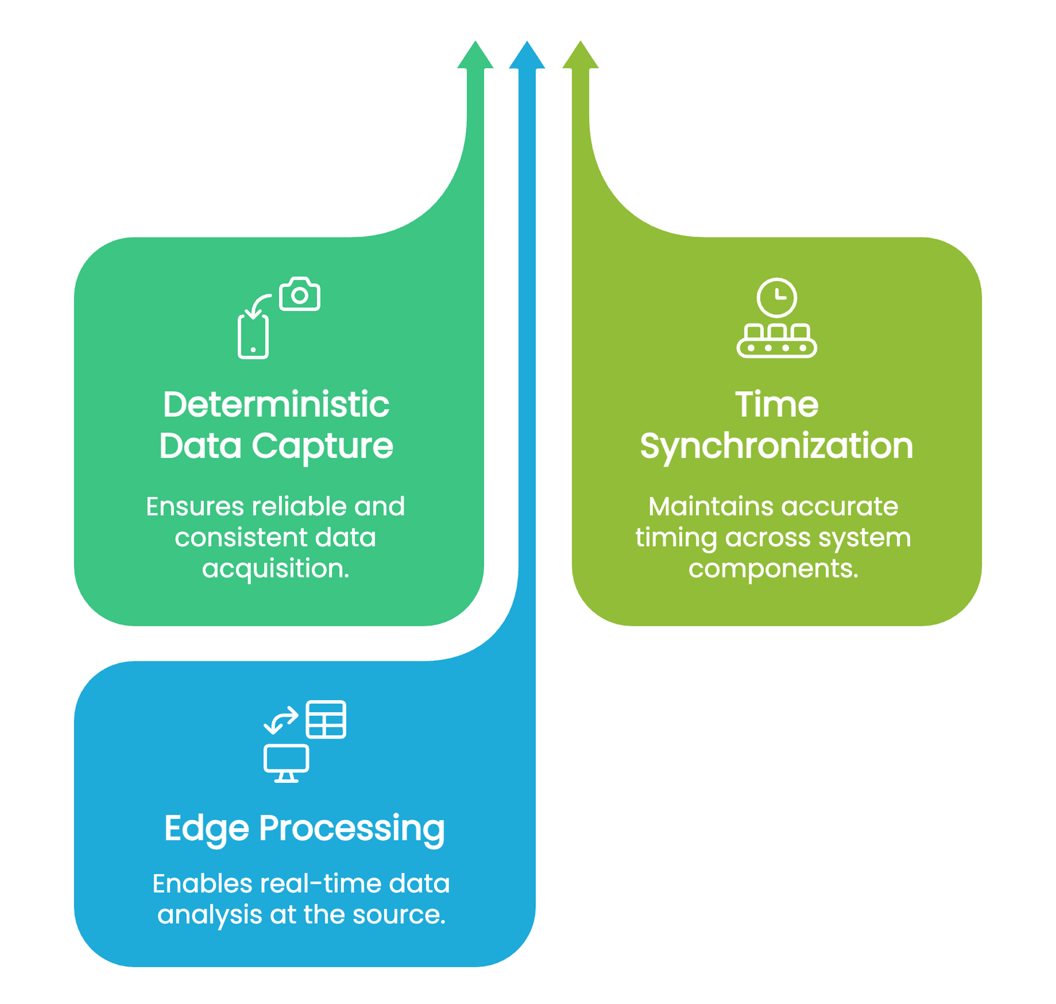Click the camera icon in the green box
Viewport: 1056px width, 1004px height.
pos(299,294)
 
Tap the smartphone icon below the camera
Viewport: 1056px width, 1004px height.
pos(253,337)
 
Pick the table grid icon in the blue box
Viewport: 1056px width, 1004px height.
pos(326,719)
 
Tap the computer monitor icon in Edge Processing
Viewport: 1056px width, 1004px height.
pos(286,762)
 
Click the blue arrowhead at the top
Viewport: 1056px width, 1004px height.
pos(527,56)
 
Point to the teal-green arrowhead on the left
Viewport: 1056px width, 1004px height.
pos(475,56)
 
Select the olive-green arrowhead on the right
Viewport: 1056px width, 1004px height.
pos(581,56)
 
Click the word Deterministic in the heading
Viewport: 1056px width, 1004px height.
pos(276,405)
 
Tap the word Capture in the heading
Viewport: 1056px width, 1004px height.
pos(322,446)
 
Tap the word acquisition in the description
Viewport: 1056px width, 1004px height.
pos(275,568)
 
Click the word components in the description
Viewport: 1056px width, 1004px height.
pos(773,568)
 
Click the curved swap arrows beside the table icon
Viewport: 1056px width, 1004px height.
pos(281,720)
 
